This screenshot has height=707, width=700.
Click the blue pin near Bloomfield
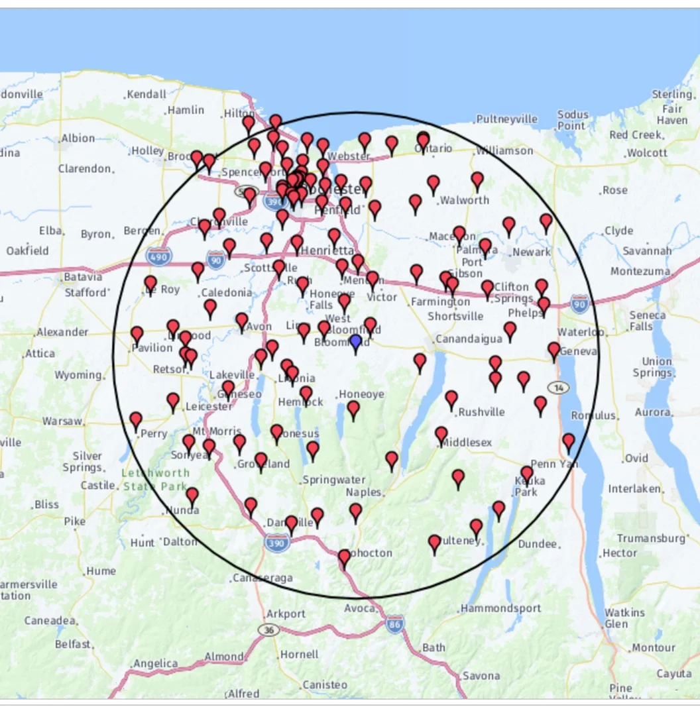[355, 342]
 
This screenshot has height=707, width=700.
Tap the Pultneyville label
[506, 119]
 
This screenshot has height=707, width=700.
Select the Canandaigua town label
[469, 339]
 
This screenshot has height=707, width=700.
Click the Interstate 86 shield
[395, 624]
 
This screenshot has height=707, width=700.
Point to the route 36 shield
[268, 629]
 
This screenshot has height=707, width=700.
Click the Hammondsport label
[500, 608]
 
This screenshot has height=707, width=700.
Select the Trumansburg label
[651, 538]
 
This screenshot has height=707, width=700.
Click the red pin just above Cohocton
[343, 558]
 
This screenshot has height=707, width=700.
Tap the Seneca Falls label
[641, 321]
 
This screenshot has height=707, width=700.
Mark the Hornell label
[300, 654]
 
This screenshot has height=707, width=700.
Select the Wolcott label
[647, 152]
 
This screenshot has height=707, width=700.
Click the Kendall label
[146, 94]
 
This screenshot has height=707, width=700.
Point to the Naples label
[363, 492]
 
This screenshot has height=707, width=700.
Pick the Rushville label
[481, 411]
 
